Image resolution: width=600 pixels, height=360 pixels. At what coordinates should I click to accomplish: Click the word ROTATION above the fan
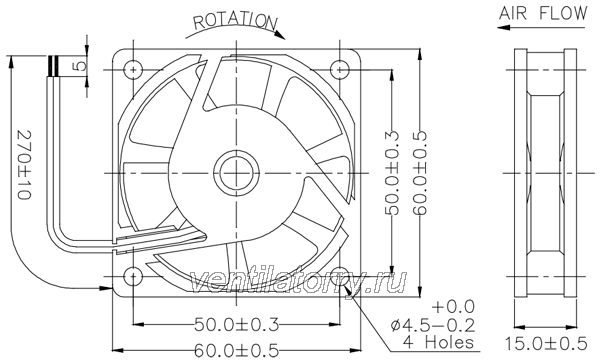tap(235, 21)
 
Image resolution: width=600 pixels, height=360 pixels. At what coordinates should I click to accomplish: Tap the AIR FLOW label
tap(543, 13)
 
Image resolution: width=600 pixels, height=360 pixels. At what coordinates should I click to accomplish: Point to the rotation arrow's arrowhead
tap(280, 34)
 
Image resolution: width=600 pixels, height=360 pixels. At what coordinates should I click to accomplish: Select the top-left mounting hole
tap(133, 70)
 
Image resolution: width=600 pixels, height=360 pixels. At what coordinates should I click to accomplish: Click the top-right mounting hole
tap(340, 70)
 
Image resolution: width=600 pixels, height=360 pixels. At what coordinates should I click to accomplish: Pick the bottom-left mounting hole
tap(133, 276)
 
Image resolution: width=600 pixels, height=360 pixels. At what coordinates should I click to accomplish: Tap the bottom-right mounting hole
tap(340, 276)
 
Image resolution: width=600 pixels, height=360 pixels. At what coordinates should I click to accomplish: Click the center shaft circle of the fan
tap(237, 173)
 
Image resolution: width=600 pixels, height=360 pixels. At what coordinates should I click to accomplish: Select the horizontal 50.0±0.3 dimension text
tap(236, 325)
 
